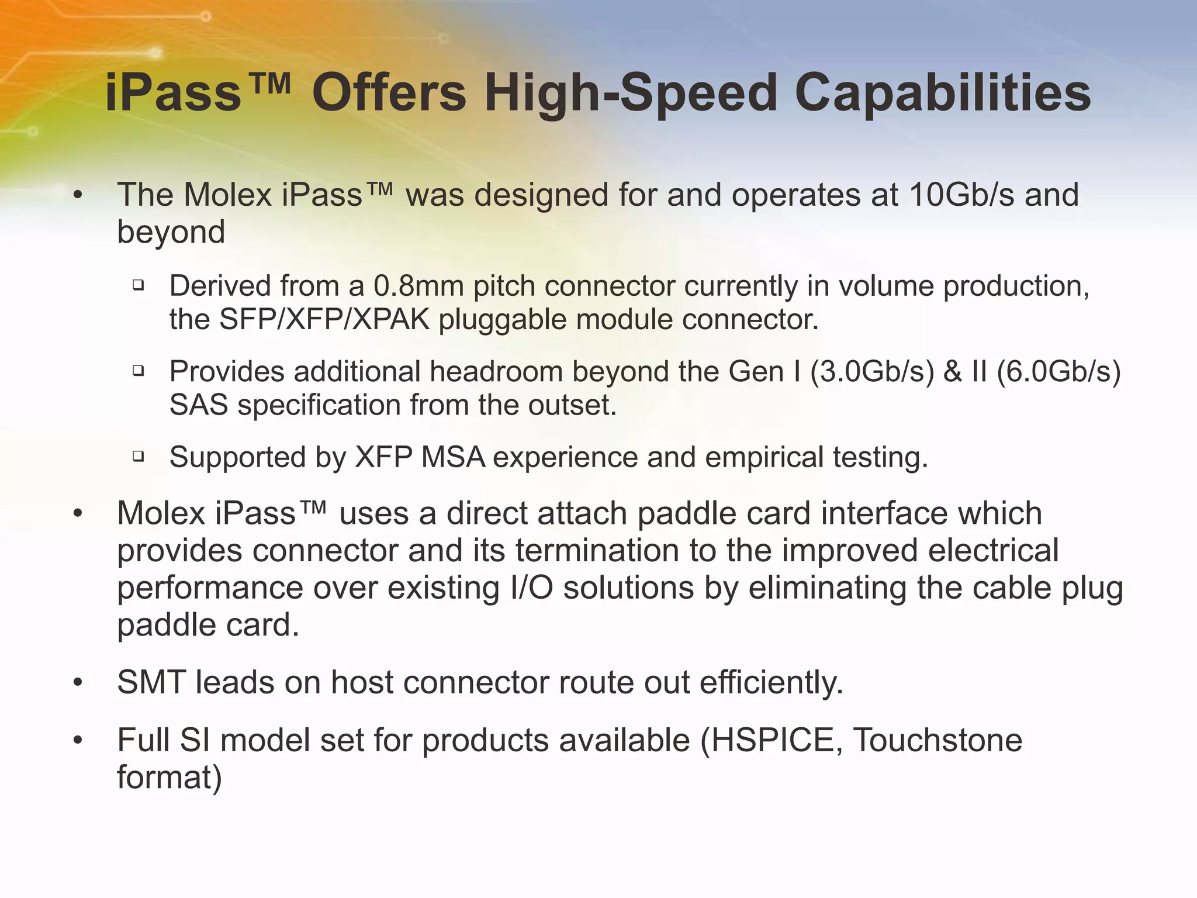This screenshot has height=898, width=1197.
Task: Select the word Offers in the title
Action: [389, 94]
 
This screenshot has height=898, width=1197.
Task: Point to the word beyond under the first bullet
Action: [171, 232]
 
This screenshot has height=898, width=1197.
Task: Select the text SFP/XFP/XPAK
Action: [324, 320]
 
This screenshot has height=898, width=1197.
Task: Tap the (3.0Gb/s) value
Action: [872, 372]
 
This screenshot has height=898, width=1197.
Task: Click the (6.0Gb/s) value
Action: [1058, 372]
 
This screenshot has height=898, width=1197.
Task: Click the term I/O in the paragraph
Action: [531, 588]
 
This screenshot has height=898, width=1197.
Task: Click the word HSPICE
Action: [772, 741]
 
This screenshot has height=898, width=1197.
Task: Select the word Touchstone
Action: [937, 741]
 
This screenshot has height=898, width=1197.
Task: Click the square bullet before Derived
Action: [139, 286]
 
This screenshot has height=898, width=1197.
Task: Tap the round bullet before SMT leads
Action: [78, 683]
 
